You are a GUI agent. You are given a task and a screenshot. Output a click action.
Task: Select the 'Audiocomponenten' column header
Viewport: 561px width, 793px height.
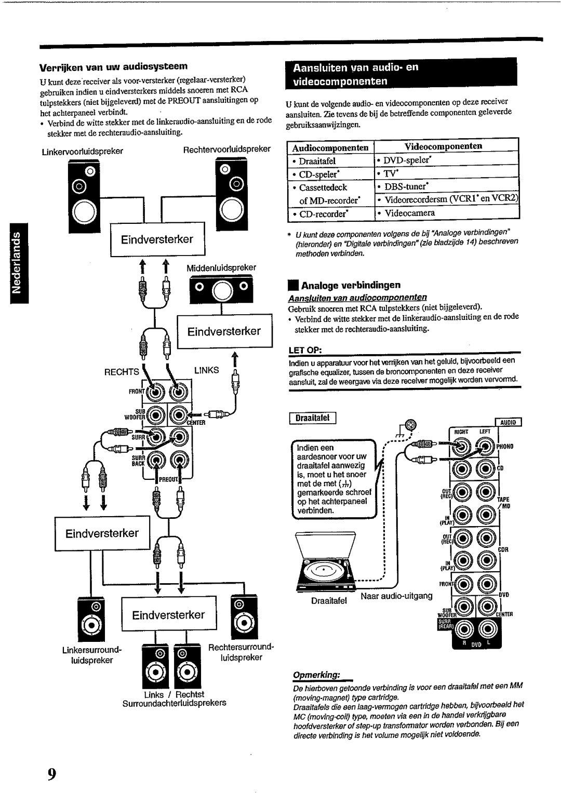point(330,148)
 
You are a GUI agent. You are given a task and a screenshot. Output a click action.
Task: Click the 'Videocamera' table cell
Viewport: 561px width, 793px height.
point(410,213)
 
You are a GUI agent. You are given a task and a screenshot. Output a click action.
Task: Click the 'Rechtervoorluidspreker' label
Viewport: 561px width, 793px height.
point(227,149)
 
